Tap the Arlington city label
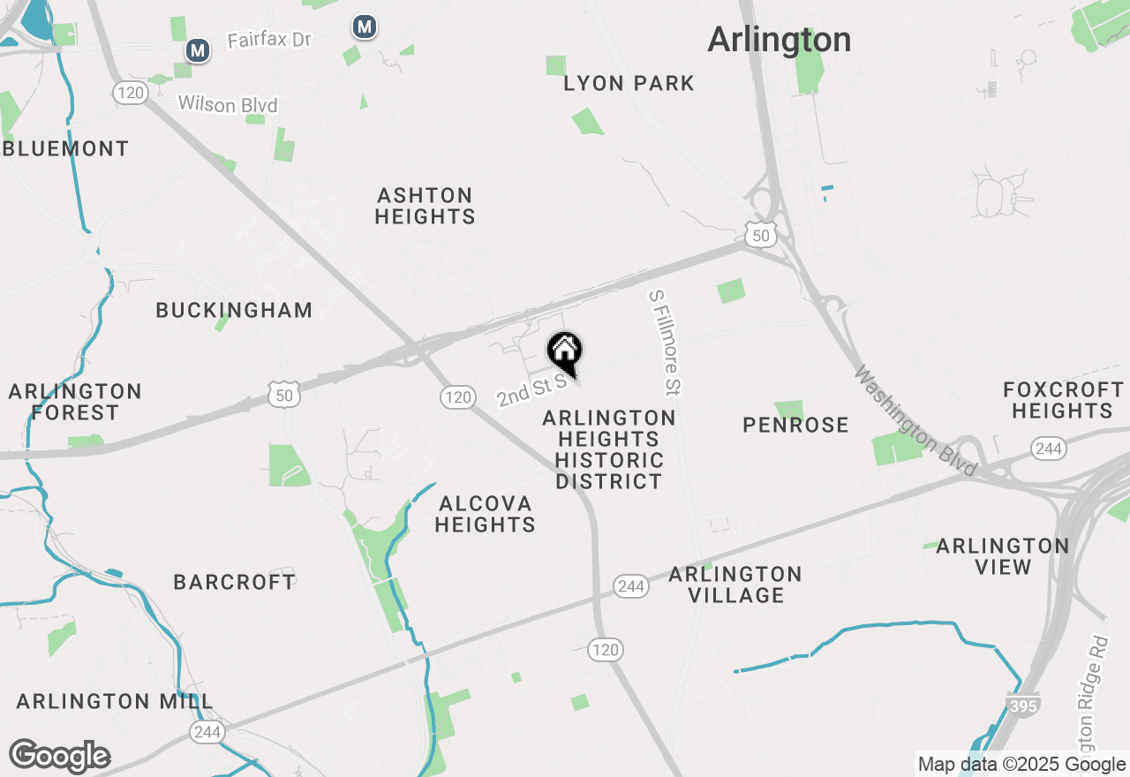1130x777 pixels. coord(779,40)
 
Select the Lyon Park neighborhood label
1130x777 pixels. coord(629,84)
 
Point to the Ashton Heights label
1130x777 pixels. coord(425,206)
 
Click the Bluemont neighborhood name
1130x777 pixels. coord(66,148)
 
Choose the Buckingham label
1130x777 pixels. coord(234,311)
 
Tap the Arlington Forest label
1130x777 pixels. coord(75,402)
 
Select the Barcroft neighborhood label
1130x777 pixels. coord(234,582)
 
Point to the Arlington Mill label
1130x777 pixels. coord(115,702)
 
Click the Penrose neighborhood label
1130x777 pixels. coord(795,426)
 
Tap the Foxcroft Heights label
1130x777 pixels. coord(1063,400)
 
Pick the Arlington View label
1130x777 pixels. coord(1003,556)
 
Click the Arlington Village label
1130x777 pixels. coord(735,585)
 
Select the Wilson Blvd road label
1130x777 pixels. coord(228,105)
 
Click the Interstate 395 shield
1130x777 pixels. coord(1021,704)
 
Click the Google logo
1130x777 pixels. coord(60,756)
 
